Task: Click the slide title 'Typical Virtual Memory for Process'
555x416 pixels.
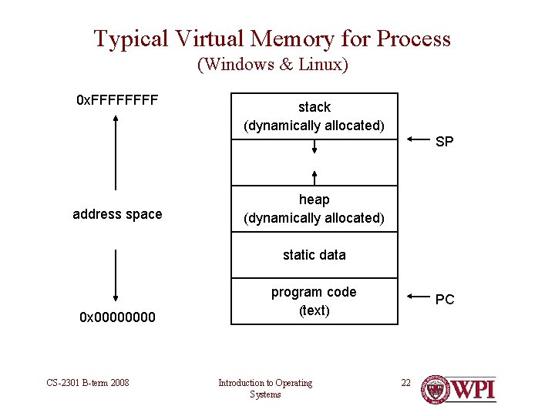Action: [x=272, y=39]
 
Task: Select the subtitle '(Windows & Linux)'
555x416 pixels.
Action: [x=273, y=65]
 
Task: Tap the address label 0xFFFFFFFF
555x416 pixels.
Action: [x=117, y=100]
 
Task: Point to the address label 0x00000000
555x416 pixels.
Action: [x=116, y=317]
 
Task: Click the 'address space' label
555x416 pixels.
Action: [x=117, y=214]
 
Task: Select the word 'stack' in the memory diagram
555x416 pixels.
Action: [x=314, y=107]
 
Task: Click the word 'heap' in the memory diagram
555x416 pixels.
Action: [x=314, y=200]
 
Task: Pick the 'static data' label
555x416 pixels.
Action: [x=314, y=255]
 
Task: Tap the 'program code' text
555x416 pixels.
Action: [x=314, y=292]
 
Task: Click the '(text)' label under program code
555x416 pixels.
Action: [x=314, y=310]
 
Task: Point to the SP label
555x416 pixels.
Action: [x=445, y=142]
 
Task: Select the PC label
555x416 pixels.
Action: [x=445, y=300]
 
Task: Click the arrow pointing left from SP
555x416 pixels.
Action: [x=418, y=139]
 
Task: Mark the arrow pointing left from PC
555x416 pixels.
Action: [x=418, y=296]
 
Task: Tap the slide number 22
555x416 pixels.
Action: [x=405, y=382]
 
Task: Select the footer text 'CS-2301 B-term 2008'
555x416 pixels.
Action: [x=88, y=383]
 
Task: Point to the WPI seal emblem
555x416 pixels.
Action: [x=435, y=390]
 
